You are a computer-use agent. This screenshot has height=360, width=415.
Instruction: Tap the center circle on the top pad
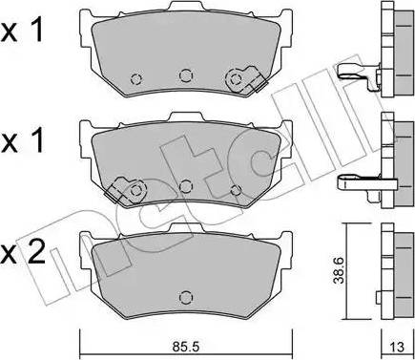(184, 74)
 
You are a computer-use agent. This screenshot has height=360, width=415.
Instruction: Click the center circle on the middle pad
(186, 184)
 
